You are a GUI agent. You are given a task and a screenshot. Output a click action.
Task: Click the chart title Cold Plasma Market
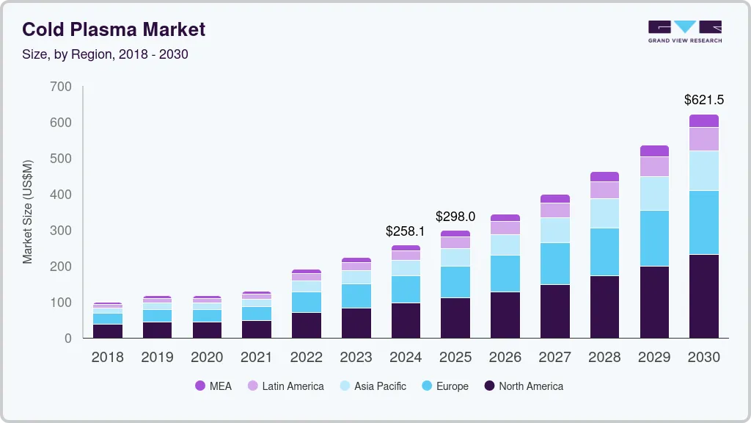point(114,29)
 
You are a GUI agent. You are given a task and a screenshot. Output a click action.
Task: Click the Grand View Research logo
point(685,32)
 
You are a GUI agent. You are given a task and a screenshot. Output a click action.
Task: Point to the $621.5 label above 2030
point(704,99)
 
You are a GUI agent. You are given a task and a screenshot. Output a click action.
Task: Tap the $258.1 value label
point(406,231)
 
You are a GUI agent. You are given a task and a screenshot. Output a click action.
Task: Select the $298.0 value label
point(455,217)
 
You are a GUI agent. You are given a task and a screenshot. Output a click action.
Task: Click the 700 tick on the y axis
point(62,87)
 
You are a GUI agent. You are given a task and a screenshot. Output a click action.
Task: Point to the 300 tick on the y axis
point(62,231)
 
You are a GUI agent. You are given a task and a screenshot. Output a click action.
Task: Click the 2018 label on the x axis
point(107,358)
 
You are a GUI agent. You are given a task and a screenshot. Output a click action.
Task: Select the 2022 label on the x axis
point(307,358)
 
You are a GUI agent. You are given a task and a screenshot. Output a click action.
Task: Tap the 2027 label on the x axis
point(555,358)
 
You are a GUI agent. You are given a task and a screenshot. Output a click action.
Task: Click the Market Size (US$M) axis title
point(28,211)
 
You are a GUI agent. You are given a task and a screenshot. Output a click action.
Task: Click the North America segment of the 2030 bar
point(704,296)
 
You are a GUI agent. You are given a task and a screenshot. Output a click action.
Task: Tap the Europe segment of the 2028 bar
point(605,252)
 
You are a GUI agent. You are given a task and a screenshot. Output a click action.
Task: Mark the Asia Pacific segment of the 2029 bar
point(655,193)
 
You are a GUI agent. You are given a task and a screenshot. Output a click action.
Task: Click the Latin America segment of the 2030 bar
point(704,139)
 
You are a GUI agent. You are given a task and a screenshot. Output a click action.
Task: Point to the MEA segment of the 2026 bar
point(505,218)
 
